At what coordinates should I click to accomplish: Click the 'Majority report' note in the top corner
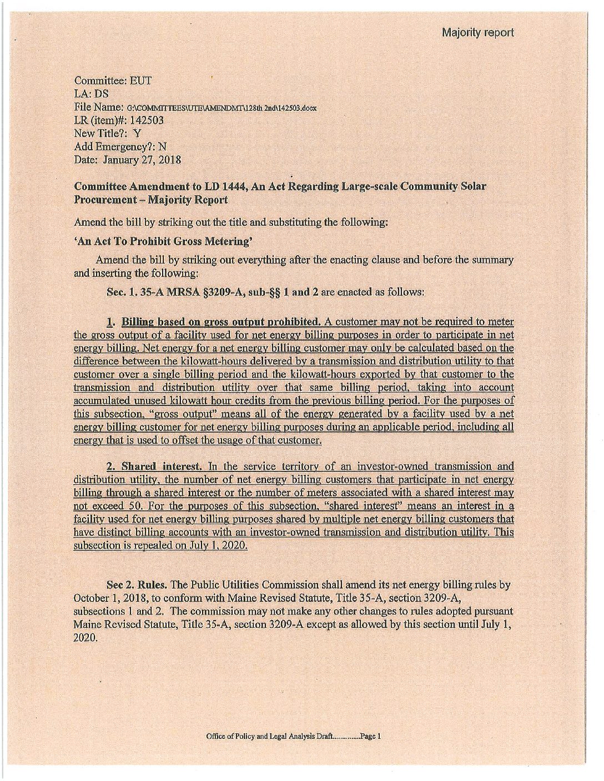click(477, 32)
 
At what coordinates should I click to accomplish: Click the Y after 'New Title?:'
click(137, 133)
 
